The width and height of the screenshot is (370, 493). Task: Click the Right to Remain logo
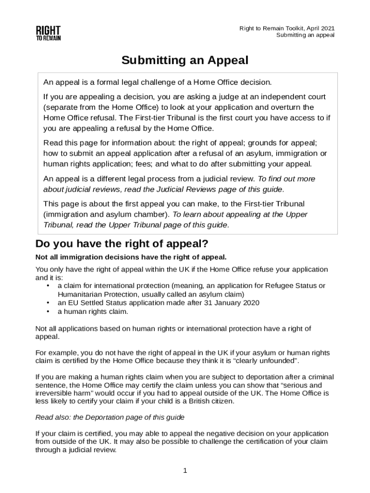[48, 33]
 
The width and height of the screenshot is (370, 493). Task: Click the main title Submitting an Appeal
[185, 61]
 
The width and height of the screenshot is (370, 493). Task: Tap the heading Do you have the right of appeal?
[122, 244]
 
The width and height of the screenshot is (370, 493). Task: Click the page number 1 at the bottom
[185, 470]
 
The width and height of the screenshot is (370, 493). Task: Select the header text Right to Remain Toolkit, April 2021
[287, 28]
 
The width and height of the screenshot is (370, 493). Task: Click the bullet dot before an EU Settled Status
[48, 303]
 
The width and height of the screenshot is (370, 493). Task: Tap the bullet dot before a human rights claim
[48, 311]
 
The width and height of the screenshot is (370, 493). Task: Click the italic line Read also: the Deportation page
[110, 417]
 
